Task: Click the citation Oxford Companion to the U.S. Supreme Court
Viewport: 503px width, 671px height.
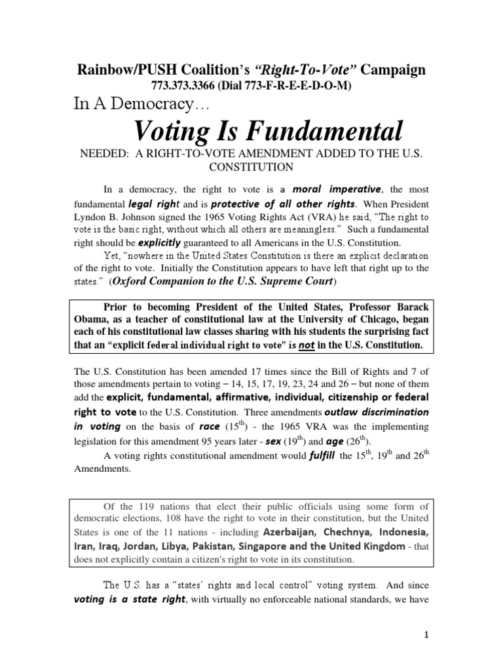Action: tap(222, 282)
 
